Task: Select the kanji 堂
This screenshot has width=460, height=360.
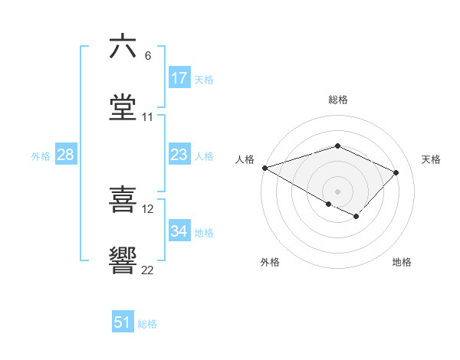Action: (x=123, y=107)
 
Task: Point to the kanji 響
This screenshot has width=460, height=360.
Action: (x=123, y=260)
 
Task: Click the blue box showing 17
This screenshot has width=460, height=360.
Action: (x=179, y=78)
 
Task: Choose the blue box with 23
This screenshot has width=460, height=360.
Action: (x=179, y=155)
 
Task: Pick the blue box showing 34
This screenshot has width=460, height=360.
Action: (x=179, y=232)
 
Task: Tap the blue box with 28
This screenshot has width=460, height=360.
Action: (x=66, y=155)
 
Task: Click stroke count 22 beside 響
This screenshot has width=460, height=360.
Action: (x=148, y=270)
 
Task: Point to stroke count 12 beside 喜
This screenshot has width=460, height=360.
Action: (x=148, y=208)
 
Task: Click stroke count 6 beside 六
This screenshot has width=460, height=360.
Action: (x=148, y=56)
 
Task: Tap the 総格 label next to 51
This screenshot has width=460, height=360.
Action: (x=147, y=324)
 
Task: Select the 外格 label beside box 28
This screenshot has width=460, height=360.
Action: (x=41, y=156)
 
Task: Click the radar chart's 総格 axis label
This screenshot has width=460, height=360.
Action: (x=337, y=100)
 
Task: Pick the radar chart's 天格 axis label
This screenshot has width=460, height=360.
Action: (x=432, y=159)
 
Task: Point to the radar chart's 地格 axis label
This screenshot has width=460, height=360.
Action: (x=402, y=262)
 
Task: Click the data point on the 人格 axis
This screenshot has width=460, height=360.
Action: (x=264, y=168)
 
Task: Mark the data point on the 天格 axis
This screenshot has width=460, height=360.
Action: (x=396, y=172)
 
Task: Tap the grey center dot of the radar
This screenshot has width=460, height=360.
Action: (x=337, y=191)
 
